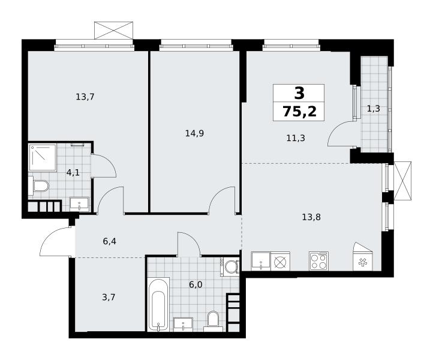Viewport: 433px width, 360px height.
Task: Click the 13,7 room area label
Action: point(85,97)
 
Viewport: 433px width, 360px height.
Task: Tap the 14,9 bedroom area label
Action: point(194,134)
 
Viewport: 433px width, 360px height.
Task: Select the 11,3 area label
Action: point(296,138)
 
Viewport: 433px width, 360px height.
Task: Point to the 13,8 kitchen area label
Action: point(311,217)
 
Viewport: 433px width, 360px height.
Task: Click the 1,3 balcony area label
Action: point(374,109)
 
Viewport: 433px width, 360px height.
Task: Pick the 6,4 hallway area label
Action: point(109,242)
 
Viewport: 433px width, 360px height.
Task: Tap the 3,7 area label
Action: point(109,298)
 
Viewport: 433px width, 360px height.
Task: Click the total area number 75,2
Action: point(299,112)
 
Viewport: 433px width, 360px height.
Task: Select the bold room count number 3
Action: point(299,93)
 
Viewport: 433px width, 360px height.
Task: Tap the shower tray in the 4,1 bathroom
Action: point(43,157)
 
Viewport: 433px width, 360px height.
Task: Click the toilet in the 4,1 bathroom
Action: point(38,185)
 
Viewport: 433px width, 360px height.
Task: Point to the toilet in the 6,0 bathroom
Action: point(213,322)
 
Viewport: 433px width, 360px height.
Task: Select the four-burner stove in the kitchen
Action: point(318,261)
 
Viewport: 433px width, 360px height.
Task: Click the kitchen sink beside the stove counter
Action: point(261,261)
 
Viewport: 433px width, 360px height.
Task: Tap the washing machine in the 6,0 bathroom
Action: point(230,267)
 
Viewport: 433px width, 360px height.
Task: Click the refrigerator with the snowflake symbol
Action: point(363,257)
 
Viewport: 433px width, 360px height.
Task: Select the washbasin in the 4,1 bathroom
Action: point(79,205)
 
